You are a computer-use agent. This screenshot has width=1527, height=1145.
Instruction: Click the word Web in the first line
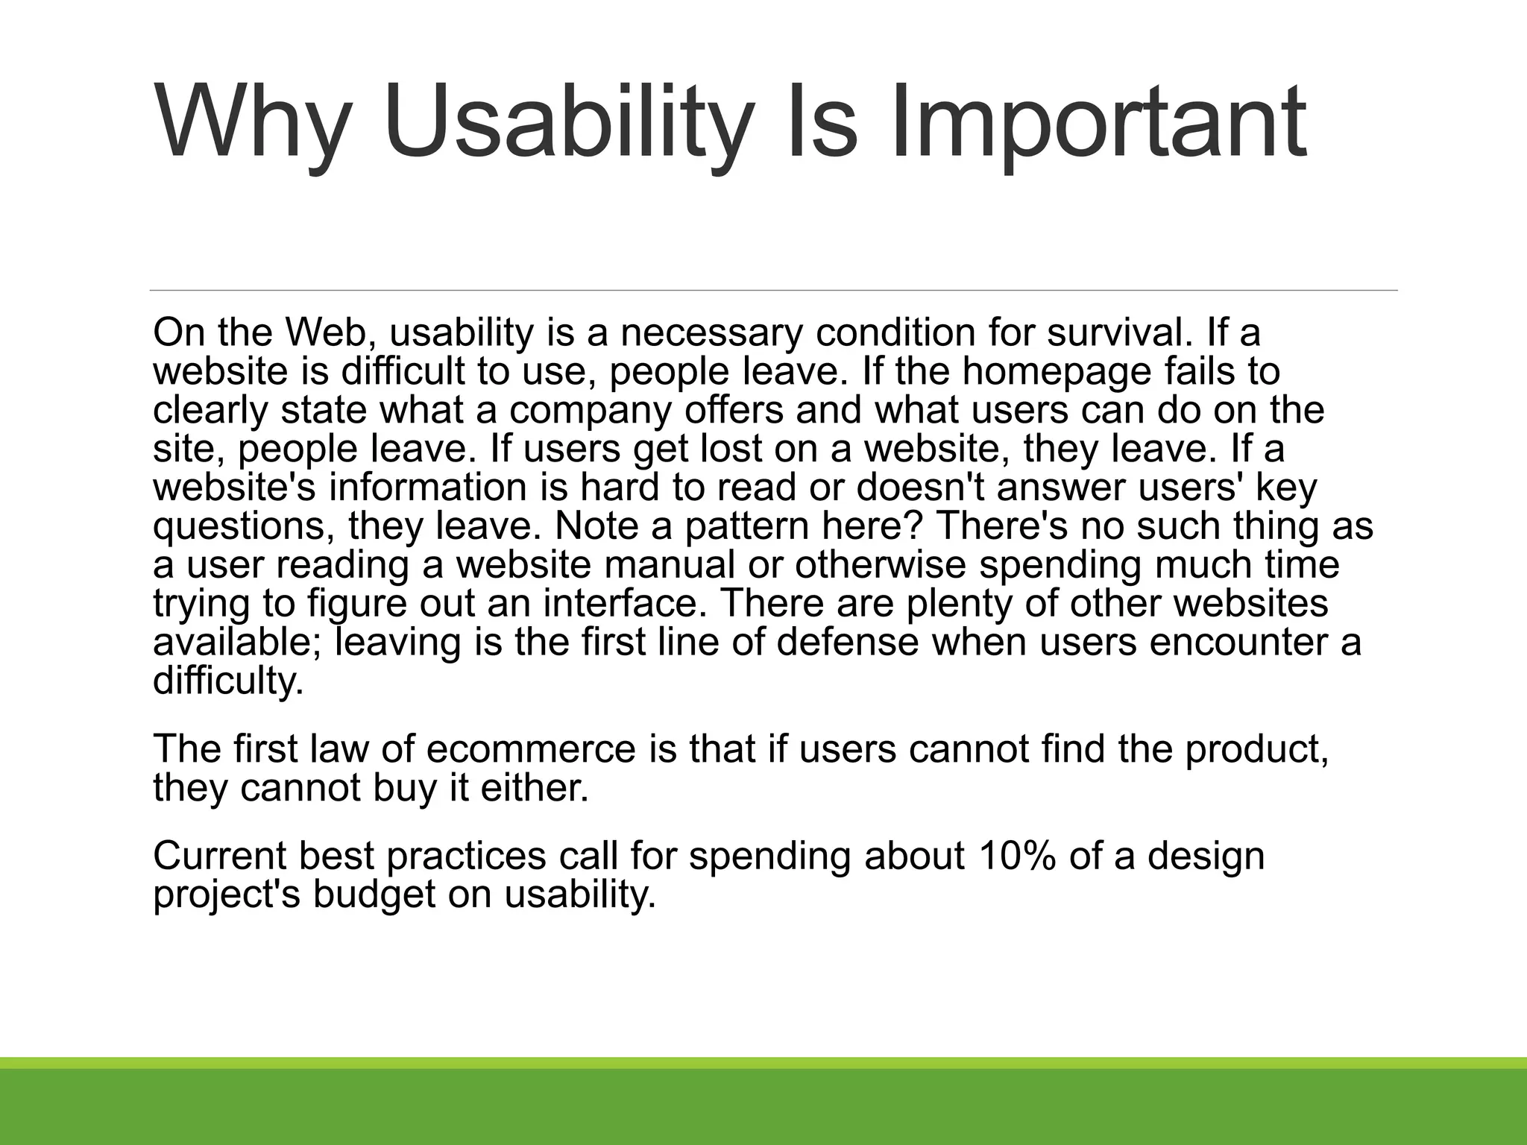[x=328, y=332]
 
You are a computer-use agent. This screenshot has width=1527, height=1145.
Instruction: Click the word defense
[x=848, y=642]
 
